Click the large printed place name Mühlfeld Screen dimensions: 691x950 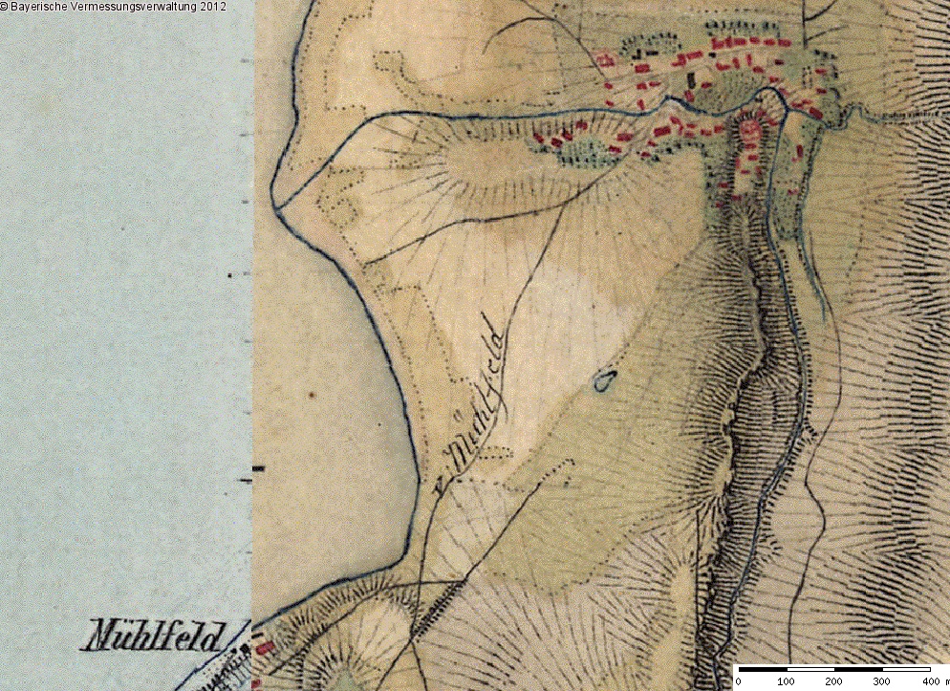pyautogui.click(x=158, y=636)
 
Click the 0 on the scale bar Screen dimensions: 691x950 pyautogui.click(x=738, y=681)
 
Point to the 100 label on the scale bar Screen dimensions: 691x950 pyautogui.click(x=786, y=681)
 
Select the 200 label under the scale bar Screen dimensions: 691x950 pyautogui.click(x=833, y=681)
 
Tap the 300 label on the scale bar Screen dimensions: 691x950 pyautogui.click(x=881, y=681)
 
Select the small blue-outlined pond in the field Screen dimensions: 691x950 pyautogui.click(x=603, y=382)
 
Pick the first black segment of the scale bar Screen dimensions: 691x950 pyautogui.click(x=762, y=668)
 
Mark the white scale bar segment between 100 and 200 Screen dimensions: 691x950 pyautogui.click(x=810, y=668)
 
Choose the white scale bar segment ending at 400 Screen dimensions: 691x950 pyautogui.click(x=905, y=668)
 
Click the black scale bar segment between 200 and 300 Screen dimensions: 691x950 pyautogui.click(x=857, y=668)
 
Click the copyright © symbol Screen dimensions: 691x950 pyautogui.click(x=5, y=7)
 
